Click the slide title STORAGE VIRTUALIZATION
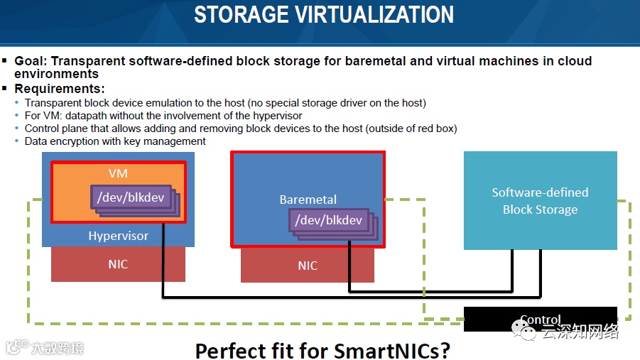click(324, 15)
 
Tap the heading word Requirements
click(58, 89)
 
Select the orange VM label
click(118, 173)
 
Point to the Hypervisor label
click(118, 236)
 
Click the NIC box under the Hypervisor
click(118, 264)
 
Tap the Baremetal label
click(308, 200)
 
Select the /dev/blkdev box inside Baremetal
click(328, 220)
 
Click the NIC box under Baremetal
click(308, 266)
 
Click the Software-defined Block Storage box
click(540, 200)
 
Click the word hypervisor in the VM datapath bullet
click(278, 116)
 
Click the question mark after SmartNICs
click(445, 350)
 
